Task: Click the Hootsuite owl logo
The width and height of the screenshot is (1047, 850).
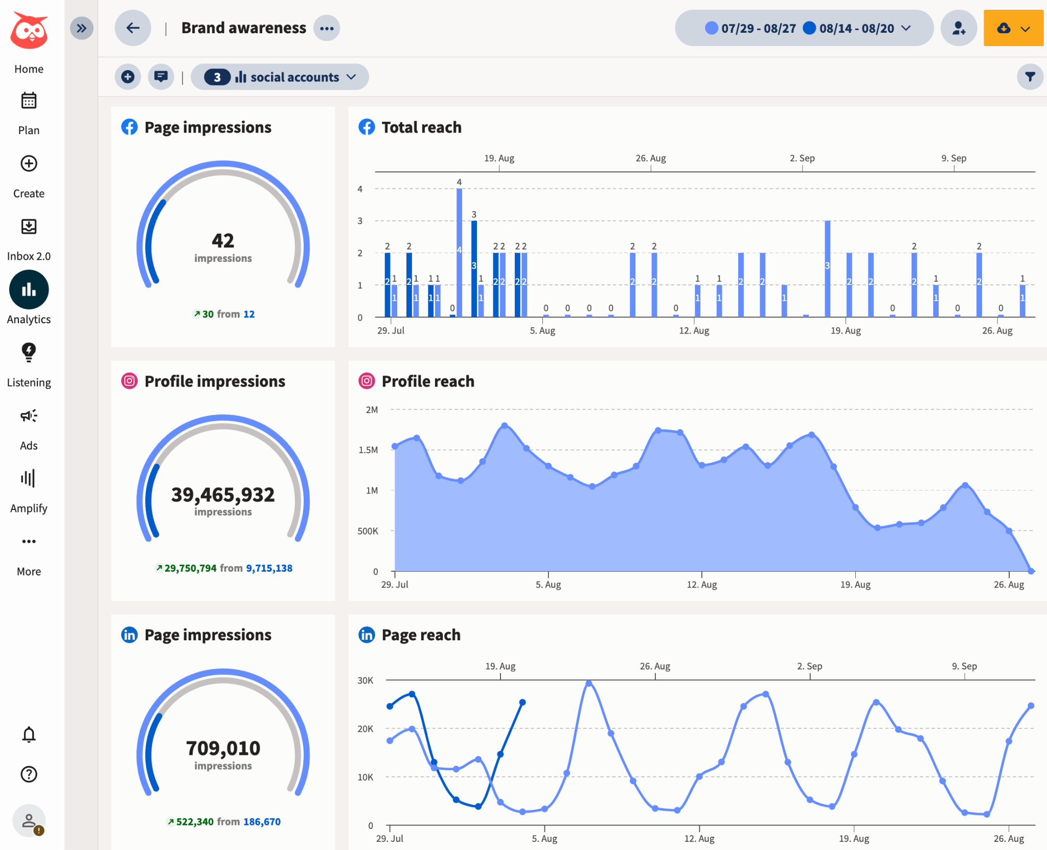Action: pyautogui.click(x=29, y=31)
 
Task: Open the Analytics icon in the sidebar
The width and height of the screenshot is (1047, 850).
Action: pyautogui.click(x=29, y=290)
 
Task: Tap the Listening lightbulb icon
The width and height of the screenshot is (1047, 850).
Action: pyautogui.click(x=29, y=352)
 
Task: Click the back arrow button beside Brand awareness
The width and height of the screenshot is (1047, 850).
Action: pyautogui.click(x=133, y=28)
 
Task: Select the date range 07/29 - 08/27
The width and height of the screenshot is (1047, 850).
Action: pyautogui.click(x=751, y=28)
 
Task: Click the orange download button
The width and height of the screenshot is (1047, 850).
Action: pyautogui.click(x=1013, y=28)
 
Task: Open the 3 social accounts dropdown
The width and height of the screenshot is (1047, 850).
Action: pyautogui.click(x=280, y=77)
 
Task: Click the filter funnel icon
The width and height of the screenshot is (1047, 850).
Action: pyautogui.click(x=1030, y=77)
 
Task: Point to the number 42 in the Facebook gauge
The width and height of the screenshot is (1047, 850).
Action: pyautogui.click(x=223, y=240)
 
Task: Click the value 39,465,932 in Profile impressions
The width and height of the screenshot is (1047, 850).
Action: pyautogui.click(x=223, y=495)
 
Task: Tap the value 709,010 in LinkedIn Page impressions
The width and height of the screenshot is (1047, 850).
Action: pyautogui.click(x=223, y=748)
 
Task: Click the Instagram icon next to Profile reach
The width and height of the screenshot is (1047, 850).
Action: pyautogui.click(x=367, y=381)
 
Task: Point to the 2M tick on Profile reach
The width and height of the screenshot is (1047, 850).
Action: pyautogui.click(x=372, y=410)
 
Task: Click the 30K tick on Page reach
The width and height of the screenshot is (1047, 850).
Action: pyautogui.click(x=365, y=681)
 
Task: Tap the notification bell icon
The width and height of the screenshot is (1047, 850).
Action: pyautogui.click(x=29, y=734)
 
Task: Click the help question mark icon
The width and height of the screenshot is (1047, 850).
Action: pyautogui.click(x=29, y=774)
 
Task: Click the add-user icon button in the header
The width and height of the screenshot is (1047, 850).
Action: pyautogui.click(x=959, y=28)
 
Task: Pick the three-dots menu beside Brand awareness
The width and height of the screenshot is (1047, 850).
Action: pyautogui.click(x=327, y=28)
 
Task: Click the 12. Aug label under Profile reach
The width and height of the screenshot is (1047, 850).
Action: pyautogui.click(x=701, y=585)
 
